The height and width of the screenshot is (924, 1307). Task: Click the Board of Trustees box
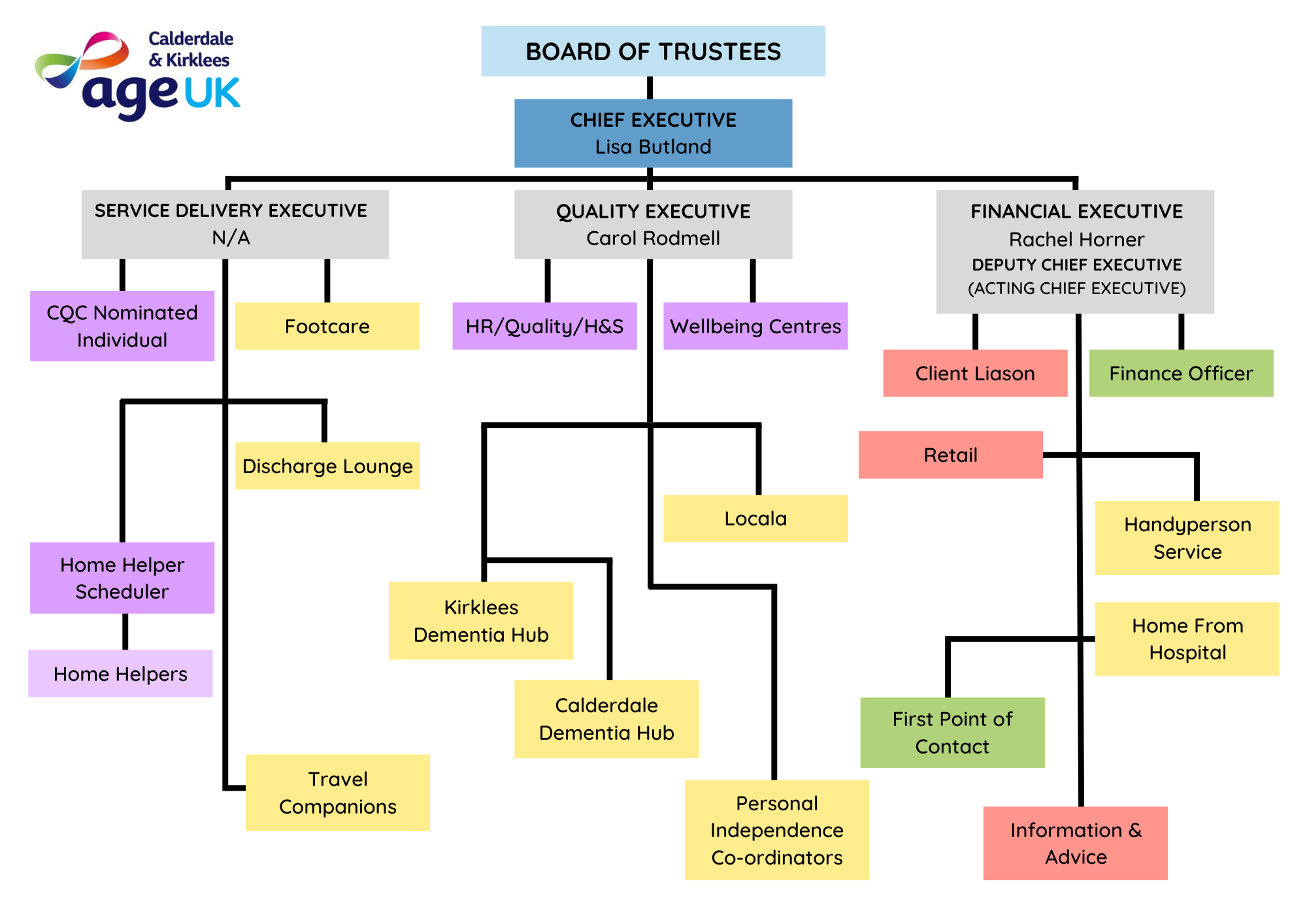pyautogui.click(x=653, y=52)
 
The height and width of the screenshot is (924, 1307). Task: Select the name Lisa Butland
pyautogui.click(x=653, y=147)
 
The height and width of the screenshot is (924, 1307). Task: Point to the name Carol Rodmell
pyautogui.click(x=653, y=239)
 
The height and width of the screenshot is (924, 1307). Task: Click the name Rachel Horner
pyautogui.click(x=1076, y=240)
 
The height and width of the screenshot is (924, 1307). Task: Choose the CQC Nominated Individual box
pyautogui.click(x=122, y=326)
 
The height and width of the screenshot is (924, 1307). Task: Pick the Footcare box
pyautogui.click(x=327, y=326)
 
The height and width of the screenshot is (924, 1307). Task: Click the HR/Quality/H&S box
pyautogui.click(x=544, y=326)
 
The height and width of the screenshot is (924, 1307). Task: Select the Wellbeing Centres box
pyautogui.click(x=755, y=326)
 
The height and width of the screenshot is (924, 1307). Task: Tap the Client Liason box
pyautogui.click(x=975, y=373)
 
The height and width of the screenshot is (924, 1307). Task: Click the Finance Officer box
pyautogui.click(x=1181, y=373)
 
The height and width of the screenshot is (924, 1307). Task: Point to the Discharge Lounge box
pyautogui.click(x=327, y=466)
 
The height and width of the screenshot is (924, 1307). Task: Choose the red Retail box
pyautogui.click(x=950, y=455)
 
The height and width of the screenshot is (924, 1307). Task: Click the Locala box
pyautogui.click(x=755, y=519)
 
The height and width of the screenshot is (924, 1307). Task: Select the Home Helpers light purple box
pyautogui.click(x=120, y=674)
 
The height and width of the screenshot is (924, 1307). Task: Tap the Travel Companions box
pyautogui.click(x=338, y=793)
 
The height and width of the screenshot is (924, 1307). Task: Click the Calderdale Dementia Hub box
pyautogui.click(x=606, y=719)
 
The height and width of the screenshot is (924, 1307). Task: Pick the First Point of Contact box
pyautogui.click(x=952, y=733)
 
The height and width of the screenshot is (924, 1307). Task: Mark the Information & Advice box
pyautogui.click(x=1076, y=843)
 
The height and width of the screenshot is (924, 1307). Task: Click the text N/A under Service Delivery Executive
pyautogui.click(x=231, y=238)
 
